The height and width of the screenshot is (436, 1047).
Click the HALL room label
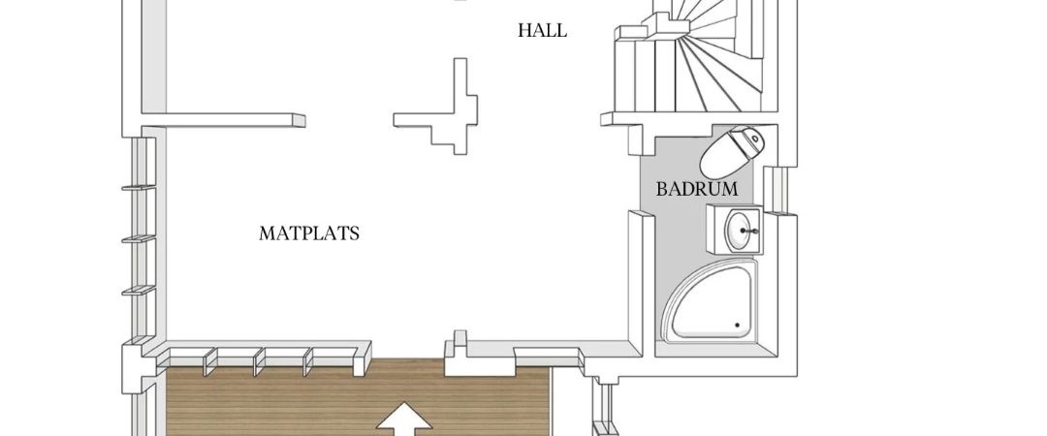[x=542, y=30]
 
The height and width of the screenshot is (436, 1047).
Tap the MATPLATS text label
[x=309, y=234]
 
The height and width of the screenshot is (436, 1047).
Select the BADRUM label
[x=697, y=189]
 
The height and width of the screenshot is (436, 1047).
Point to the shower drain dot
[x=737, y=326]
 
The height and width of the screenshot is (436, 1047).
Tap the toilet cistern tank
[x=755, y=143]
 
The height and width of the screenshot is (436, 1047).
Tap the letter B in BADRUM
[x=662, y=189]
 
